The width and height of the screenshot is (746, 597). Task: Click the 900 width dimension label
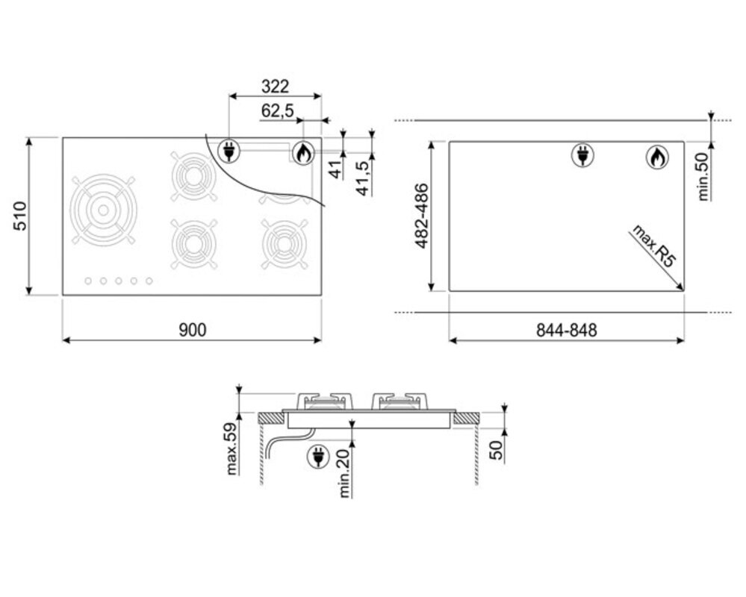pos(193,329)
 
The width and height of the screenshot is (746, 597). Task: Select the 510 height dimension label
pos(20,216)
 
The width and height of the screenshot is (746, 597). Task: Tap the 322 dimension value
pos(275,87)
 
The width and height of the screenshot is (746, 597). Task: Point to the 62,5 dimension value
pos(277,111)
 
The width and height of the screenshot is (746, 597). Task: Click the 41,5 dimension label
pos(363,178)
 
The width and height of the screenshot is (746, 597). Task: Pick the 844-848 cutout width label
pos(566,330)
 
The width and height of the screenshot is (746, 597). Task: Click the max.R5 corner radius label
pos(653,246)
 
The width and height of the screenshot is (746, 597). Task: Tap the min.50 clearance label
pos(703,176)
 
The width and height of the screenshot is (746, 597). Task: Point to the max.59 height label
pos(231,448)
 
